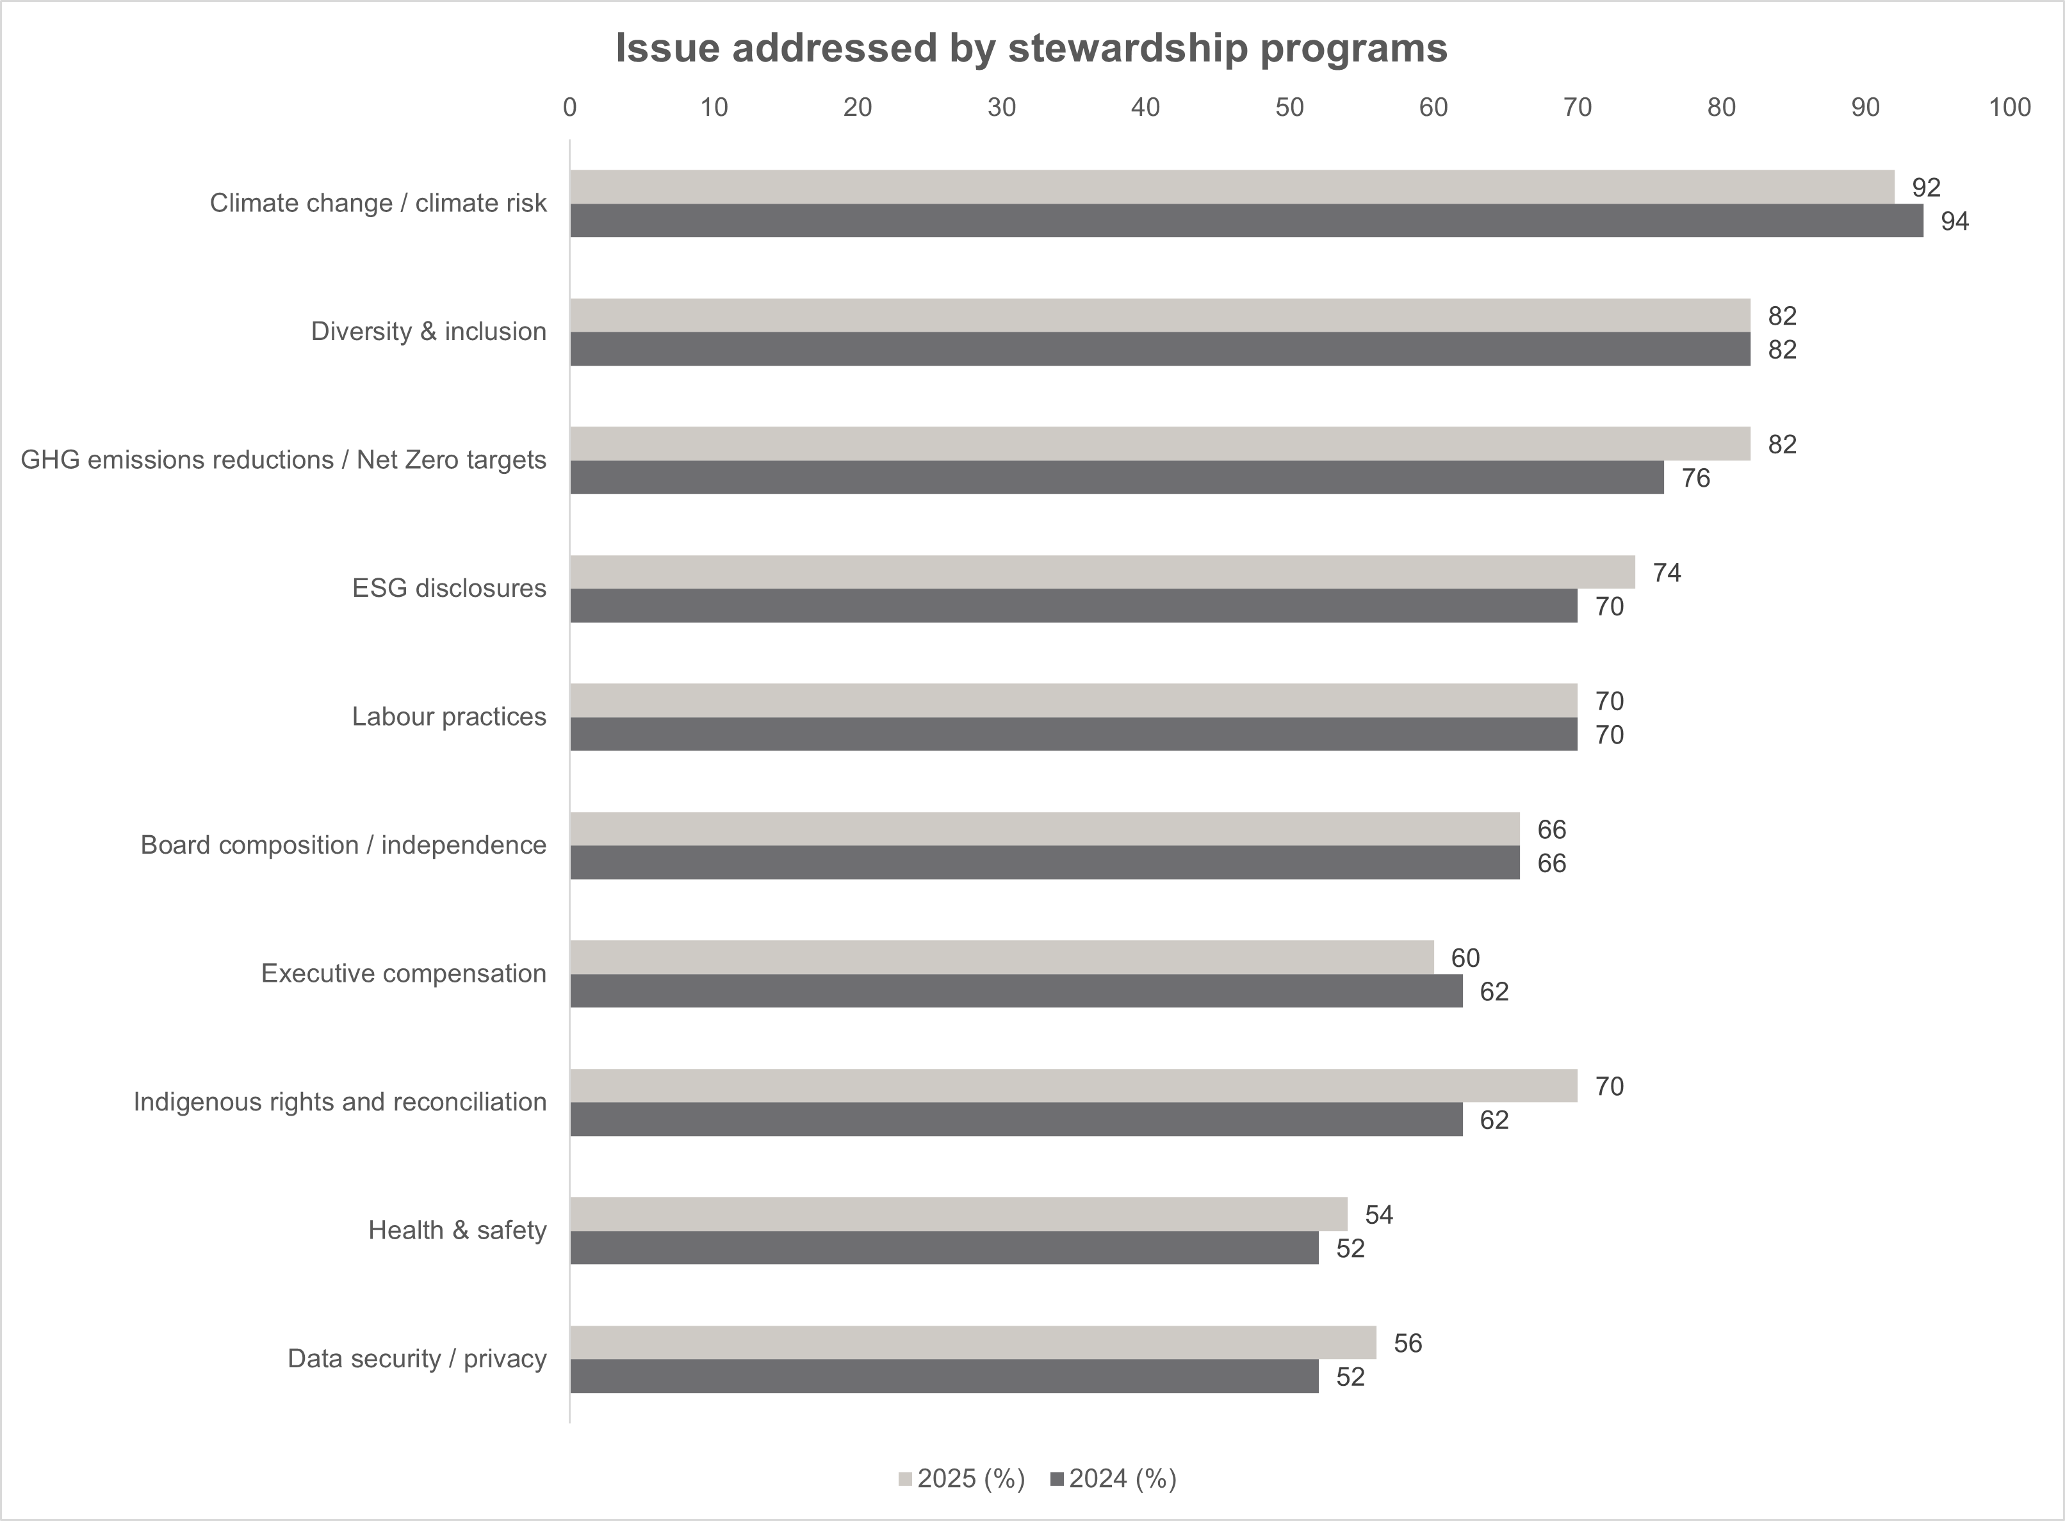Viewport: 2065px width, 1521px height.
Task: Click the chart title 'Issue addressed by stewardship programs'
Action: coord(1031,48)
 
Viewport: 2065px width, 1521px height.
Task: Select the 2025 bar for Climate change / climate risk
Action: coord(1232,187)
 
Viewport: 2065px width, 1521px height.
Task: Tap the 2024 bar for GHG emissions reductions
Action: coord(1117,478)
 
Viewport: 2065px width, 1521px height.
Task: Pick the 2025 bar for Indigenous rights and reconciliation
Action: coord(1073,1086)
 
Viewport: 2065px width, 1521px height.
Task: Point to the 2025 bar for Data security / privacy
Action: coord(973,1342)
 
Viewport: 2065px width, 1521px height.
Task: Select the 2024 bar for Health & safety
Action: coord(943,1248)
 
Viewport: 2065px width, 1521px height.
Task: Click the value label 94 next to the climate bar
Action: coord(1955,222)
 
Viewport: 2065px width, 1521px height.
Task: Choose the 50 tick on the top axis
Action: coord(1289,108)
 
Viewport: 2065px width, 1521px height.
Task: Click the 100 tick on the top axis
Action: coord(2009,108)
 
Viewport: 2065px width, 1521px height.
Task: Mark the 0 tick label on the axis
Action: coord(570,108)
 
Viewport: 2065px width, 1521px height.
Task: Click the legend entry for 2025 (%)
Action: coord(961,1479)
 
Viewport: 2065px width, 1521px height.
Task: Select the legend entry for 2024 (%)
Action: coord(1113,1479)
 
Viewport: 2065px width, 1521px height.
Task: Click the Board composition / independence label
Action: coord(343,845)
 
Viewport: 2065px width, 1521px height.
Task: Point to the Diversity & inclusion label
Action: coord(428,332)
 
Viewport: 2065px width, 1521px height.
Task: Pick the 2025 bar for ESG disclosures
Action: coord(1102,572)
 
